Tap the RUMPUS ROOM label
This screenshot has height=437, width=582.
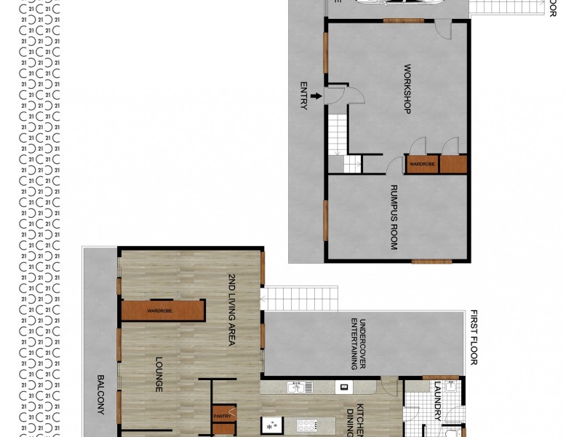pos(394,216)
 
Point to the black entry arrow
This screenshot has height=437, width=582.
pos(316,95)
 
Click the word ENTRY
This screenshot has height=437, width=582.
pos(304,95)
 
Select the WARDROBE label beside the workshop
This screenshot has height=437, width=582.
pos(422,164)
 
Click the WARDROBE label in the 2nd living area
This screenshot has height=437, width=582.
pos(160,311)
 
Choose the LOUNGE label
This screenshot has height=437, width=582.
pos(159,374)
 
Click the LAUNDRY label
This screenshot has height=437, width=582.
pos(437,402)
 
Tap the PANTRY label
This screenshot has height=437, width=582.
pos(222,417)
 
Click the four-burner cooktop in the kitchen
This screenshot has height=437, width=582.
pos(306,425)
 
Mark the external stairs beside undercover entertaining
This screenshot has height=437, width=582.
pos(300,298)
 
